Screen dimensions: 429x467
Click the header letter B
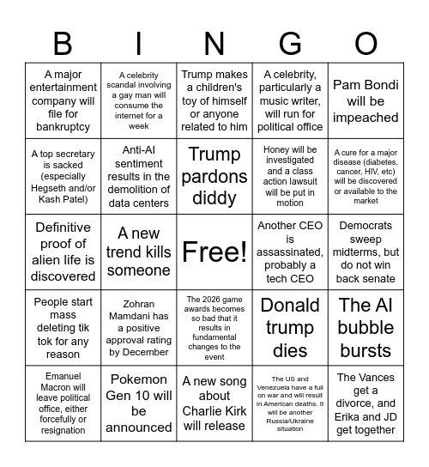63,42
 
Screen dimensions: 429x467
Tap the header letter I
138,42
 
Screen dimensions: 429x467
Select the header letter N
214,42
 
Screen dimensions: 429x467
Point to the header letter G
290,42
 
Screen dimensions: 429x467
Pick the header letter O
366,42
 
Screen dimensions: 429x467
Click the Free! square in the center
214,252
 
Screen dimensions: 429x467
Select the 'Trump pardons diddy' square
214,177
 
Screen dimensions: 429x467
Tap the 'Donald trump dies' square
290,328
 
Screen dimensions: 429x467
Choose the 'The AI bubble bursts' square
366,328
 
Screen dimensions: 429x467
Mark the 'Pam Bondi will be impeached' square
366,101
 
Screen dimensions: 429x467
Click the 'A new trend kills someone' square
138,252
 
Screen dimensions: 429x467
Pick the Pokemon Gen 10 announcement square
138,403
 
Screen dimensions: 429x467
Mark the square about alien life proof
63,252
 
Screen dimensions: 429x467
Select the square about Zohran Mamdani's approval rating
138,328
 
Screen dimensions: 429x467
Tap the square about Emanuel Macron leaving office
63,403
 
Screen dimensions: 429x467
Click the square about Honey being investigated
290,177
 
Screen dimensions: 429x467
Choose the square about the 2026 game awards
214,328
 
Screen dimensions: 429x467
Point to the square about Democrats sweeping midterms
366,252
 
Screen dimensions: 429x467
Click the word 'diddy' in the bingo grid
214,198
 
